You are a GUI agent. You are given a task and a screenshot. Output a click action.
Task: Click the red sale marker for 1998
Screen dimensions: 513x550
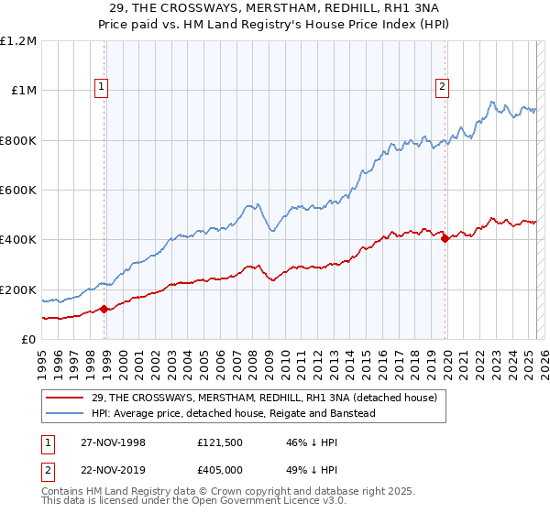(x=104, y=309)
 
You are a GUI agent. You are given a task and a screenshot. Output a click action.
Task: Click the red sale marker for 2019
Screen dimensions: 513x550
(x=445, y=239)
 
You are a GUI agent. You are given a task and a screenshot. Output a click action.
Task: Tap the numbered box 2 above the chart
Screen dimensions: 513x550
(x=442, y=88)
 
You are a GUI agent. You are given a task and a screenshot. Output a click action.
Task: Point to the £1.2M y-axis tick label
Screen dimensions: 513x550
(x=18, y=41)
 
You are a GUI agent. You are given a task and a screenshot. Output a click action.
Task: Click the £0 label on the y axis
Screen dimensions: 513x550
(x=28, y=340)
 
